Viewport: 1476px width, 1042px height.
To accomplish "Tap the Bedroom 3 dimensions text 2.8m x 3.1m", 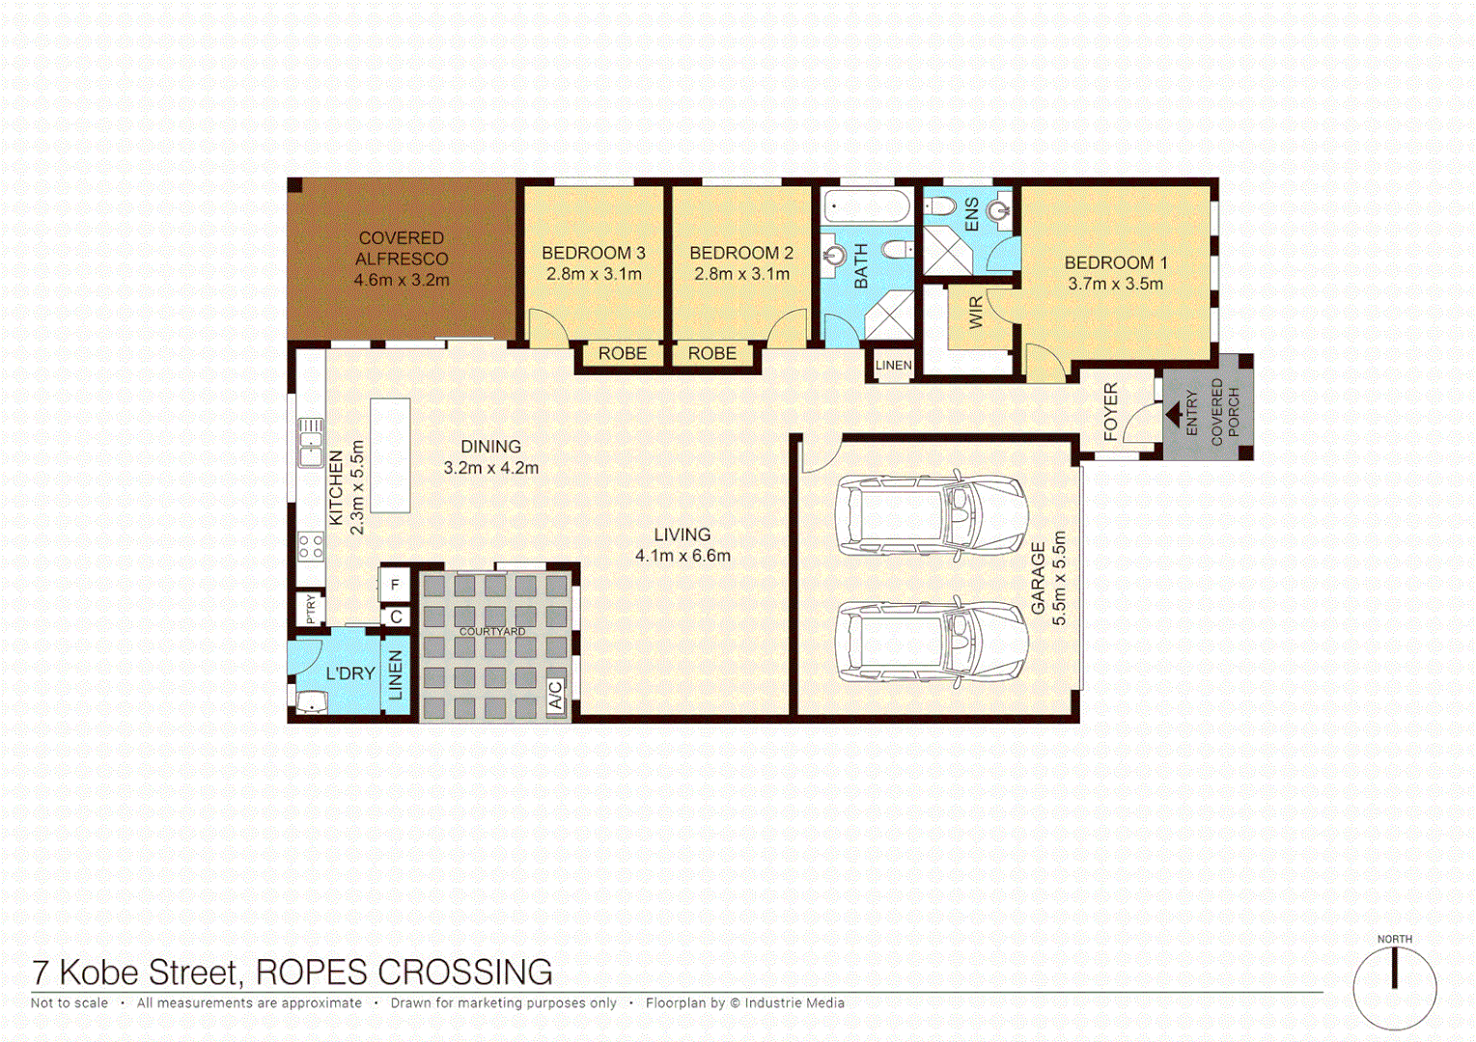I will click(594, 274).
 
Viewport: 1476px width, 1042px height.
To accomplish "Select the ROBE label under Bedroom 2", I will click(712, 354).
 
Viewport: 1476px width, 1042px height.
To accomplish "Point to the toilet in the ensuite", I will click(940, 206).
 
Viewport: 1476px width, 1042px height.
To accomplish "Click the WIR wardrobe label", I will click(976, 313).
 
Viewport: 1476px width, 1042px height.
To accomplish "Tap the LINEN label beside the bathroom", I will click(893, 366).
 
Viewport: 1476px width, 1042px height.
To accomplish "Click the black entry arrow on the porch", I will click(1174, 415).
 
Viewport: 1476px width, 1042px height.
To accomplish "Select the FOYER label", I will click(1111, 412).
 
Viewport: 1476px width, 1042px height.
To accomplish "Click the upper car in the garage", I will click(932, 515).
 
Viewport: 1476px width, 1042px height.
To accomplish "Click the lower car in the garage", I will click(932, 642).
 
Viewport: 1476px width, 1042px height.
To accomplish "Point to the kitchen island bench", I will click(390, 455).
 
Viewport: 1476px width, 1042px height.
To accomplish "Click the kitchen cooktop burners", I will click(311, 547).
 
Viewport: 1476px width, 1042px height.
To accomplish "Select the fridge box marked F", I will click(395, 585).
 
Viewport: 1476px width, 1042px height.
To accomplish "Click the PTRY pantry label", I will click(310, 609).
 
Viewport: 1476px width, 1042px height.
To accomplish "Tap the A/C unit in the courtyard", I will click(556, 695).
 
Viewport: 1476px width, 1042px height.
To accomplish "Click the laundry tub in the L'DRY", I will click(312, 702).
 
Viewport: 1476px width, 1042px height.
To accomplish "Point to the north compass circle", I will click(1394, 988).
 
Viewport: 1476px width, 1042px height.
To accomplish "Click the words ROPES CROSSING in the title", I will click(404, 973).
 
